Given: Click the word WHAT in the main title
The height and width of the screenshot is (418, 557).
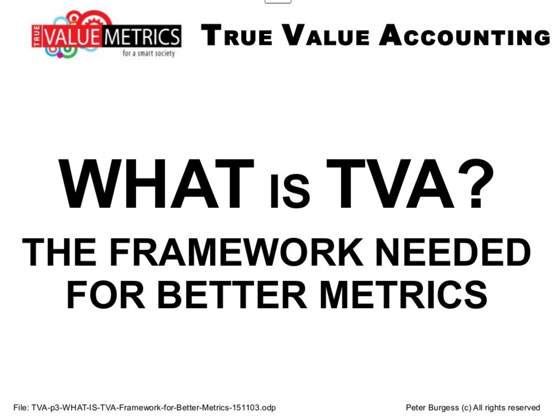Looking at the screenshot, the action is click(x=156, y=184).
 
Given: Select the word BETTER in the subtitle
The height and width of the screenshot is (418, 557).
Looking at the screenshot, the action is click(x=232, y=295).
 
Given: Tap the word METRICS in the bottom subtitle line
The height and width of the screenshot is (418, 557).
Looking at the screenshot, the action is click(x=403, y=295).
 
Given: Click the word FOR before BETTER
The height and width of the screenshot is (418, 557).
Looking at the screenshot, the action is click(x=106, y=295).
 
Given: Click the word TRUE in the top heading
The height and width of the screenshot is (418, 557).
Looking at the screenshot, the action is click(x=237, y=35).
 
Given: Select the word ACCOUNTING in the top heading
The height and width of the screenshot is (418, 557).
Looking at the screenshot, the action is click(x=465, y=35).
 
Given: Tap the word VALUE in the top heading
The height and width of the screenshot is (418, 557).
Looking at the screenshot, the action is click(x=326, y=35).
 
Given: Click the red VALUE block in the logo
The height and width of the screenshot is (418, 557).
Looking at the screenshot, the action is click(x=71, y=36).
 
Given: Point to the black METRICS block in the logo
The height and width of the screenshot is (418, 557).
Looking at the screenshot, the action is click(x=142, y=36).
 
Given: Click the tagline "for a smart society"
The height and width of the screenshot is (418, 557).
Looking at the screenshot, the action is click(x=148, y=54).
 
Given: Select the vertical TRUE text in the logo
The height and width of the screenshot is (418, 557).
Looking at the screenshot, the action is click(x=37, y=36).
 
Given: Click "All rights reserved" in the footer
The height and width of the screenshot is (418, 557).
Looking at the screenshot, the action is click(x=507, y=408).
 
